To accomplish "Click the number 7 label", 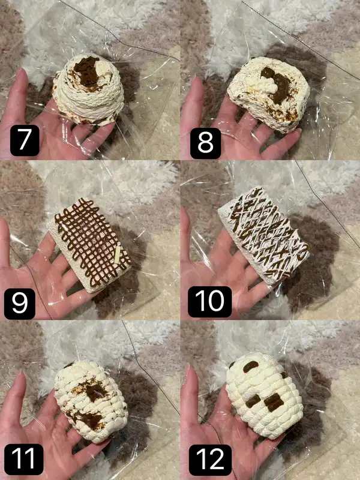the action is point(25,140).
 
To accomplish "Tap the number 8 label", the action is point(205,143).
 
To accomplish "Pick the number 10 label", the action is point(209,302).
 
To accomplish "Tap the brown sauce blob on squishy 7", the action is point(86,71).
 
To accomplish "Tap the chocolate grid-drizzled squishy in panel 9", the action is point(89,245).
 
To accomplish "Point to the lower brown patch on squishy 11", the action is point(88,419).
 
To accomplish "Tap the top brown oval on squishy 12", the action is point(251,366).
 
